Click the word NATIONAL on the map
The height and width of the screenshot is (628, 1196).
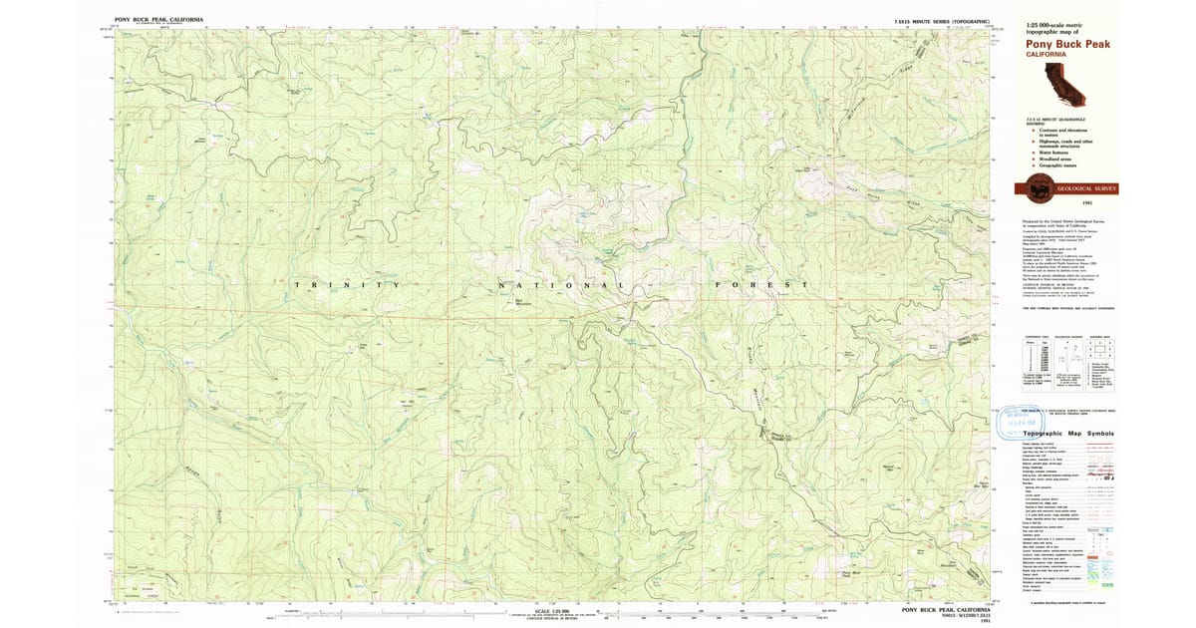pos(561,286)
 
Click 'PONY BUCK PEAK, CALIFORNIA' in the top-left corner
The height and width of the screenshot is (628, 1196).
pos(159,19)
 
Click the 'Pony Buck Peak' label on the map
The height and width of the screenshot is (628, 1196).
pos(850,574)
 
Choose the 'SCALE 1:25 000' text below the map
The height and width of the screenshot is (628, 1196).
pos(554,610)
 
